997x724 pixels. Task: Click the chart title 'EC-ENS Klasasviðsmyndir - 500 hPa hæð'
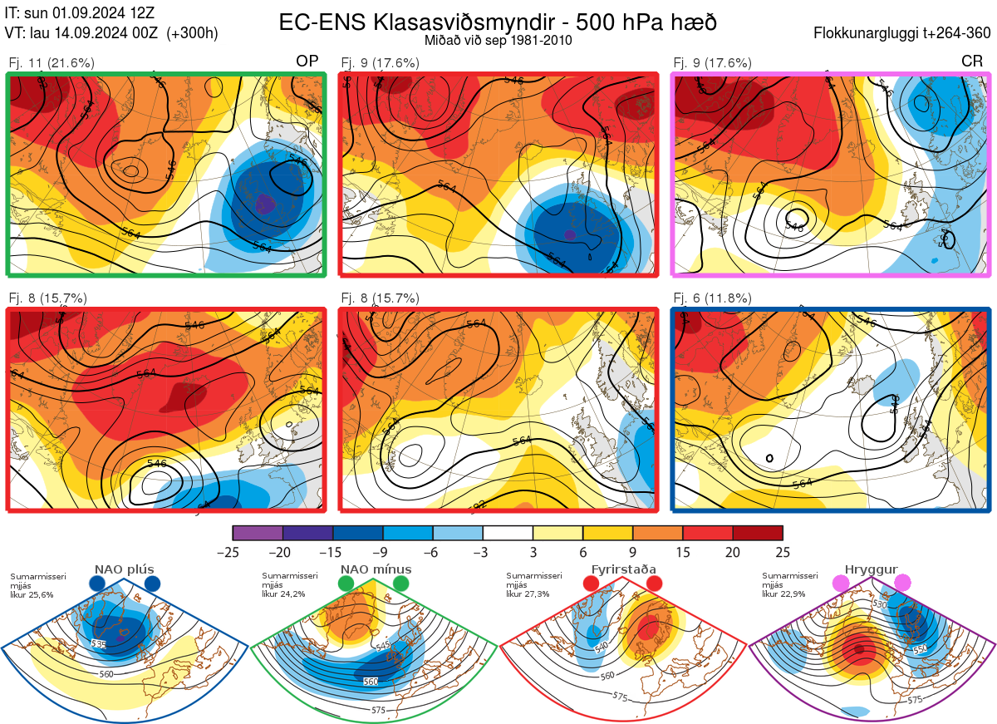[498, 22]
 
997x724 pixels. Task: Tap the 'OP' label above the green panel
[307, 62]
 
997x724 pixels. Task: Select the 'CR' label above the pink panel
[971, 62]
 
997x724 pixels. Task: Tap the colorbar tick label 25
[782, 552]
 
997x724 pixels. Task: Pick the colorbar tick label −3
[483, 552]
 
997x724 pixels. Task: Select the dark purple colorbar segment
[307, 533]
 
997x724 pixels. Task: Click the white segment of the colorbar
[508, 533]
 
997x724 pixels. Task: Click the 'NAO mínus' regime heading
[376, 569]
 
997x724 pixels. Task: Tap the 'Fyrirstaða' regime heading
[623, 569]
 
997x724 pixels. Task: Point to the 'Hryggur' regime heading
[872, 569]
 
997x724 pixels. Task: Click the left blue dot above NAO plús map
[97, 584]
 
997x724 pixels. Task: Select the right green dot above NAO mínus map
[402, 584]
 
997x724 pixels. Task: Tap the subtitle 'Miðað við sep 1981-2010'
[498, 40]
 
